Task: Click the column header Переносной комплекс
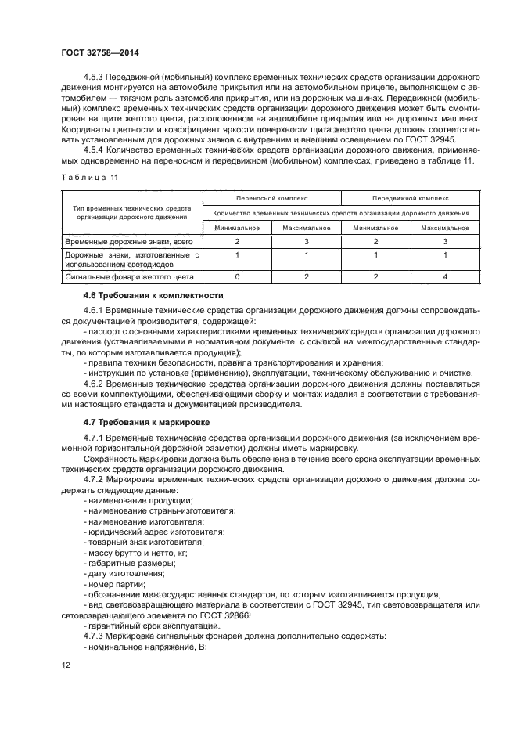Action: [271, 198]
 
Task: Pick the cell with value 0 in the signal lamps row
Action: [238, 276]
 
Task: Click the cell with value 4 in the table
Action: [444, 276]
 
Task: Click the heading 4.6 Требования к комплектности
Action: [142, 296]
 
